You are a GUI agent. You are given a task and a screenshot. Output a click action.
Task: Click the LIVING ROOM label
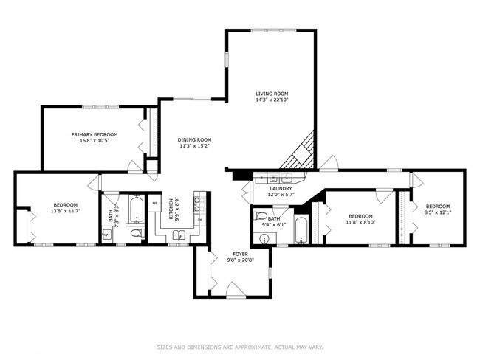point(271,94)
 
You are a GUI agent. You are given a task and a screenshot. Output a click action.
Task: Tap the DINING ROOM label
point(194,139)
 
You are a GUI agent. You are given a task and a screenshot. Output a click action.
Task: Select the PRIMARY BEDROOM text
point(92,134)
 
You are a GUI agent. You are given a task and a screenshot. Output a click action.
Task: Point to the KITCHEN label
point(171,209)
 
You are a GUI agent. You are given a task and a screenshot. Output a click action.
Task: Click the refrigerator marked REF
point(155,202)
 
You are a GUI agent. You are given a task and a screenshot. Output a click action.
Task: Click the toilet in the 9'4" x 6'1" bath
point(258,216)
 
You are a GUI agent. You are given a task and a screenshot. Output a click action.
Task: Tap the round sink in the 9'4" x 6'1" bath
point(264,238)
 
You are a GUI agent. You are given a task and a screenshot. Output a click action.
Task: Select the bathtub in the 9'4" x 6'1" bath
point(301,229)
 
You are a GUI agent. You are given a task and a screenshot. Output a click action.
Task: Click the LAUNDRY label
point(281,189)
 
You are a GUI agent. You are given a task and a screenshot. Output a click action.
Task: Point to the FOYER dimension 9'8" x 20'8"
point(239,260)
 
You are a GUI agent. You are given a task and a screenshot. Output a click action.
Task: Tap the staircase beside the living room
point(303,151)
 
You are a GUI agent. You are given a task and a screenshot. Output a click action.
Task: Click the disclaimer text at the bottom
point(240,347)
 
